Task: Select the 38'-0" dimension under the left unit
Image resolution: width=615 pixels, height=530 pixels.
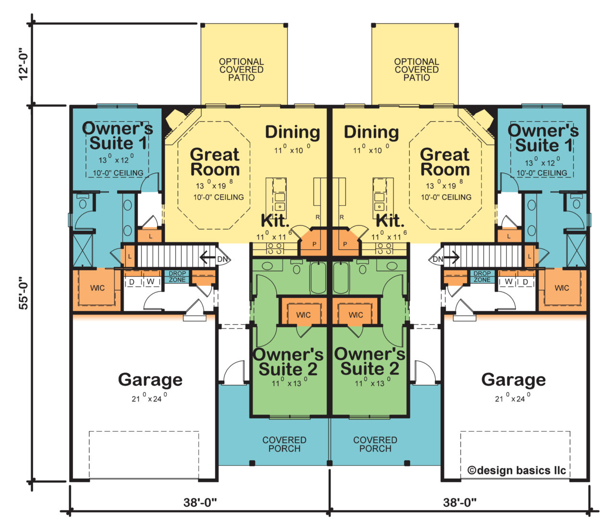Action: click(200, 503)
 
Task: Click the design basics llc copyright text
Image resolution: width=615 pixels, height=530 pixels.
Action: click(517, 470)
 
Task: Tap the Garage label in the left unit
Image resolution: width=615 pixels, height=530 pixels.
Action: click(150, 380)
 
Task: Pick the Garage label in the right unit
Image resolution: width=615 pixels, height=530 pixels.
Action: click(513, 380)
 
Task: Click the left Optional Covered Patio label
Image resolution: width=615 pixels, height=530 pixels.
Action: click(241, 70)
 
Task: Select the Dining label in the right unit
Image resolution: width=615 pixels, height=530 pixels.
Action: click(371, 132)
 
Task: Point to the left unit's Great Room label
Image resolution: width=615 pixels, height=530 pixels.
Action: click(214, 162)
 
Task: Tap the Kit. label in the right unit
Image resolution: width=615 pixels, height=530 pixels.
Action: click(390, 221)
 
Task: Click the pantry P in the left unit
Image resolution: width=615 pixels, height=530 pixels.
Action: click(314, 244)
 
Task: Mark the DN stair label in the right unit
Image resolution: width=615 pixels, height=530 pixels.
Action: click(438, 259)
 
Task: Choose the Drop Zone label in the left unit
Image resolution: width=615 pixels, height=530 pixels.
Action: click(177, 277)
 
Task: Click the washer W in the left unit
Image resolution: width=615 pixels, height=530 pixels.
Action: click(150, 281)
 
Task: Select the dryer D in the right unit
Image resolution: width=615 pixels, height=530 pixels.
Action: click(525, 281)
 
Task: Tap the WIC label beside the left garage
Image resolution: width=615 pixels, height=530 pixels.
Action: click(98, 288)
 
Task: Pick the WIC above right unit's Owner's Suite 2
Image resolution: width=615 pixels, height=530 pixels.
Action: click(356, 315)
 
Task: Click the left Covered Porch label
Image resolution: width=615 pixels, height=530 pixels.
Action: click(284, 444)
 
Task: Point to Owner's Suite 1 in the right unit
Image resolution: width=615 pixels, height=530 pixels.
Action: click(543, 137)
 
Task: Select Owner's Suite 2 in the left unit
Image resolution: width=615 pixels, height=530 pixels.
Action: click(288, 362)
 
